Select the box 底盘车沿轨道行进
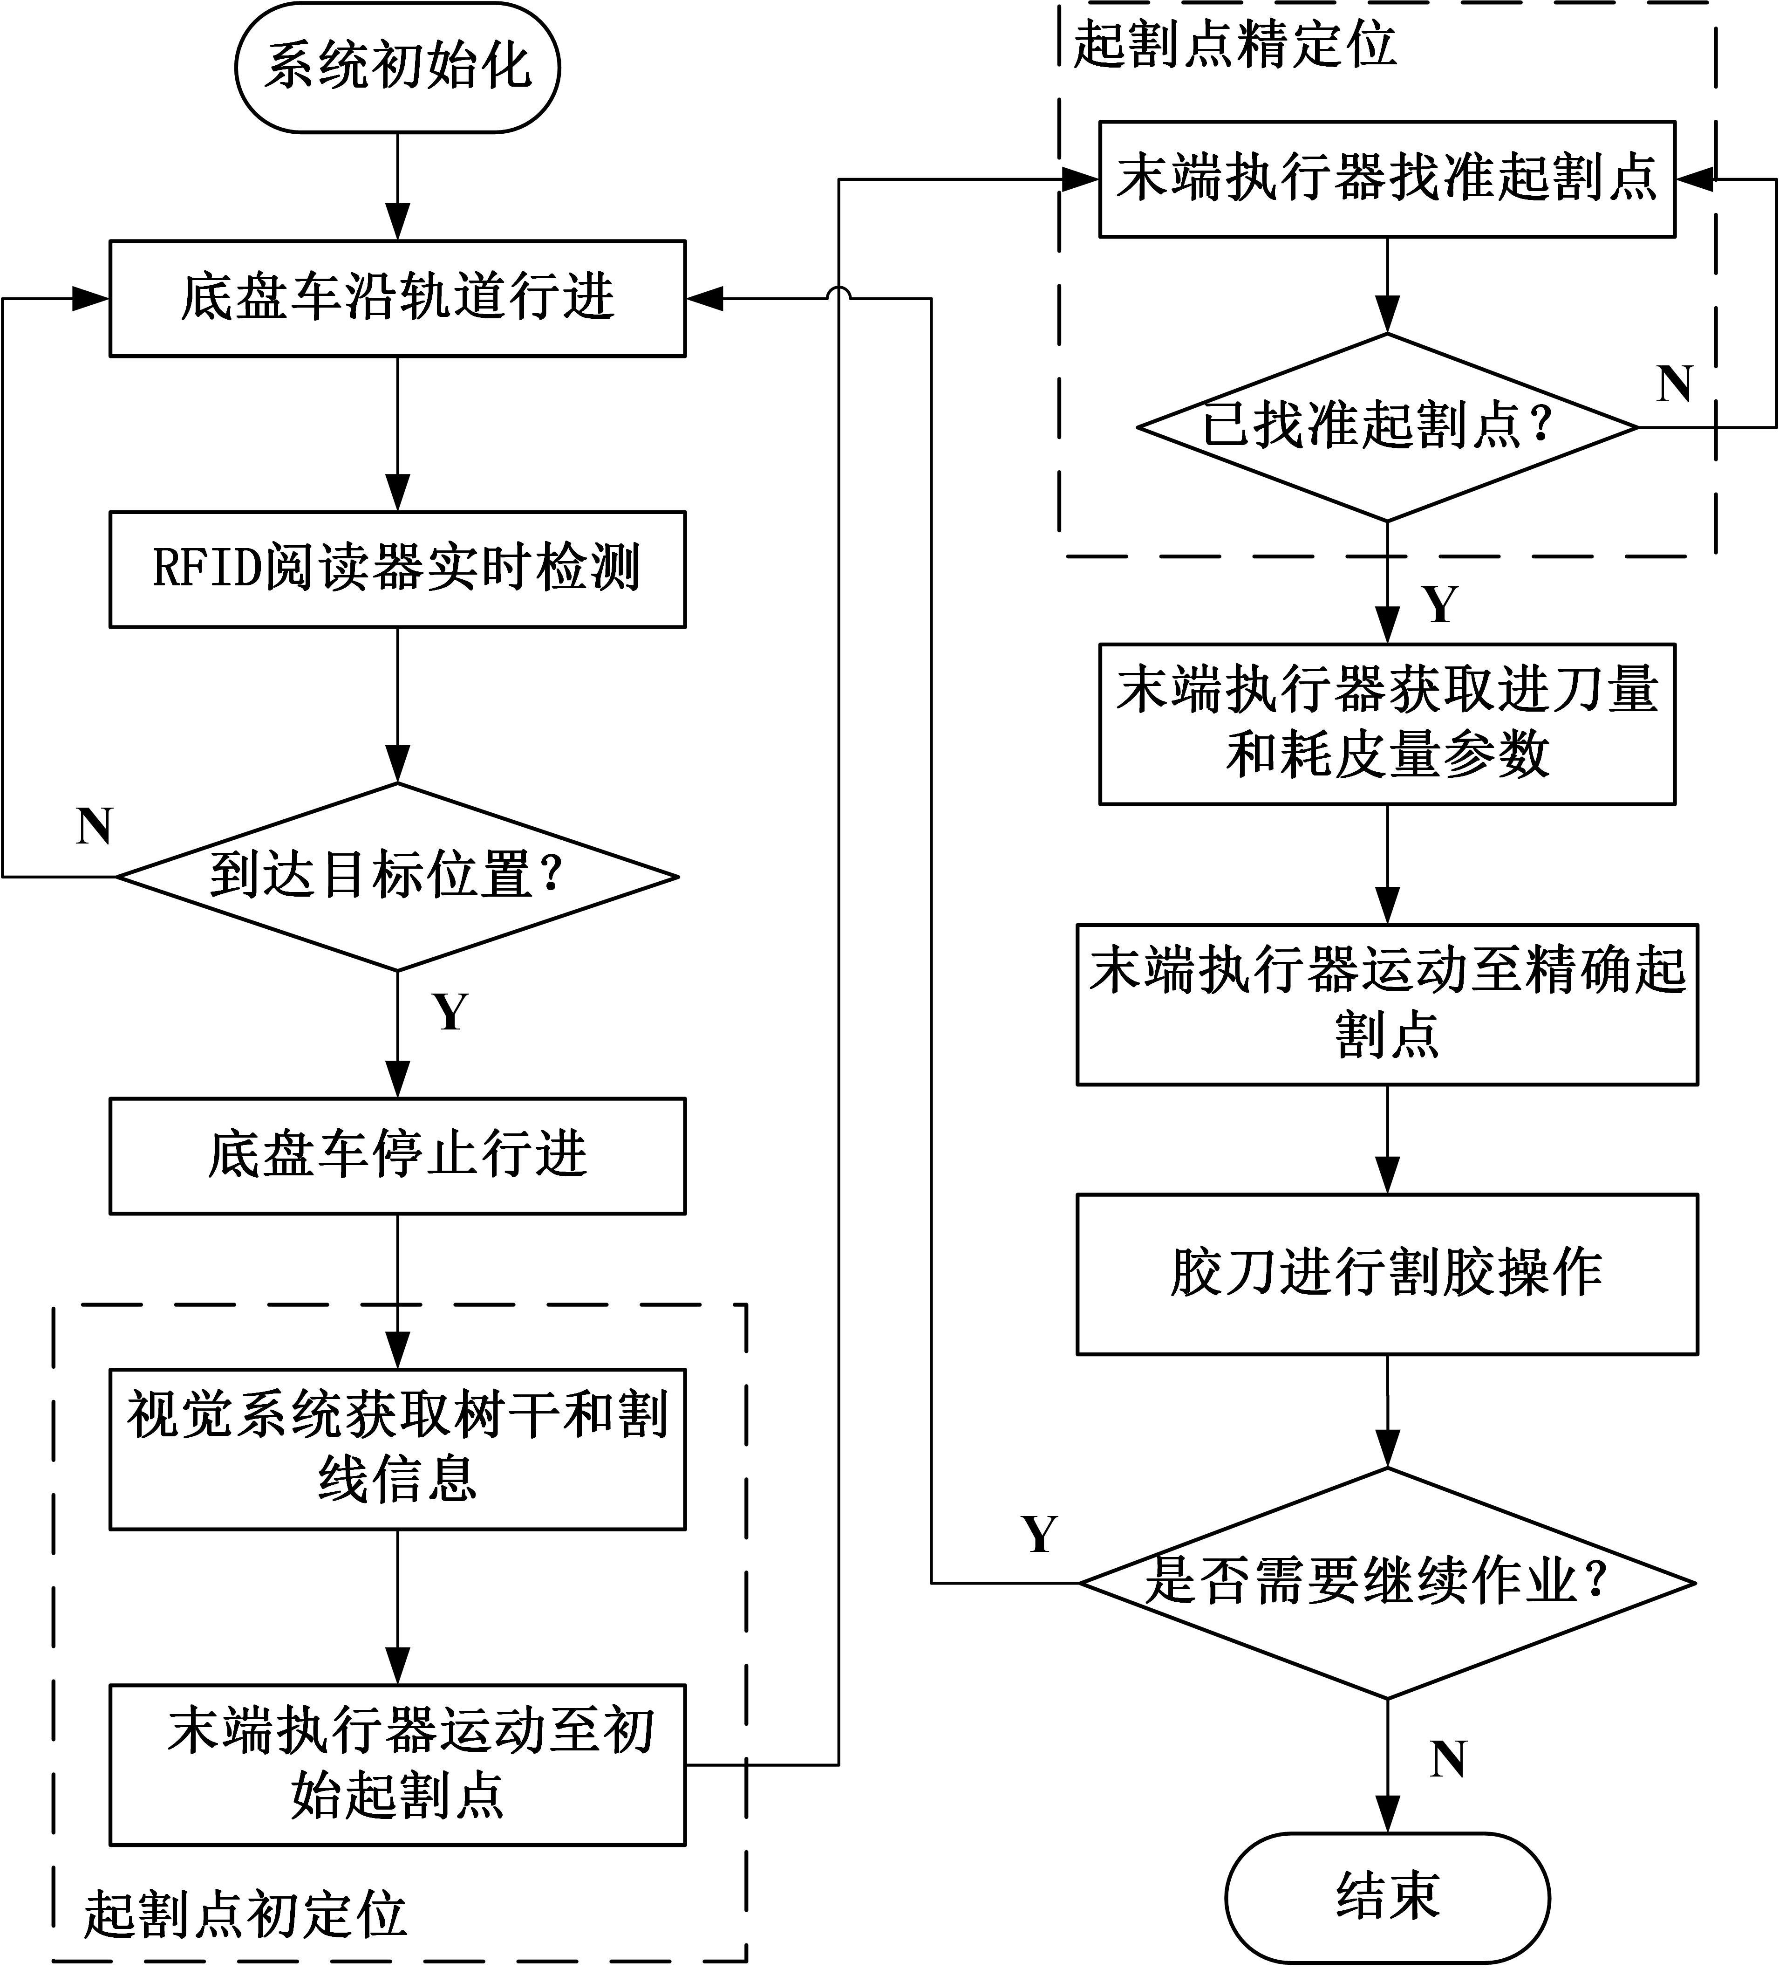pos(397,298)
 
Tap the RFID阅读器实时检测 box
pos(397,569)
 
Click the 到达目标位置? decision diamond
pos(397,876)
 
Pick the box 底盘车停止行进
pos(397,1155)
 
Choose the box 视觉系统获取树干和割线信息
pos(397,1448)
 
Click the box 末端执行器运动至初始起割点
pos(397,1764)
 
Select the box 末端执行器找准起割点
pos(1386,179)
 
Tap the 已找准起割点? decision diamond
pos(1386,427)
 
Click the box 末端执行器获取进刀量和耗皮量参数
pos(1386,724)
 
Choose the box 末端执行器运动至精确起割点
pos(1386,1004)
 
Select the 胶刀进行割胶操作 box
pos(1386,1274)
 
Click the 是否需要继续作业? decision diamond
pos(1386,1582)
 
